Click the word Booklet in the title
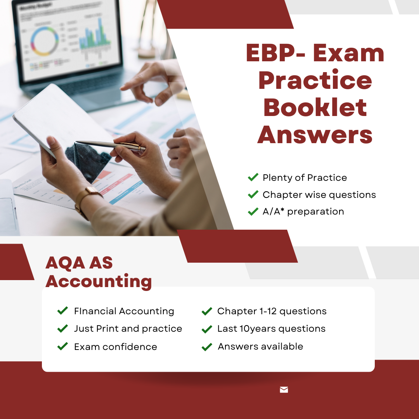[315, 107]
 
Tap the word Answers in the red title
[315, 135]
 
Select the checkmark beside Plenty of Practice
[253, 177]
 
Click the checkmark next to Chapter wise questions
[253, 194]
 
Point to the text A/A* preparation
[303, 211]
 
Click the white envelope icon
[284, 390]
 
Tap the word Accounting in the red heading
[99, 281]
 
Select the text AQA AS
[79, 263]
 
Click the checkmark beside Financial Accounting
[62, 310]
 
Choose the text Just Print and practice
[128, 329]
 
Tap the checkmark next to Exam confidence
[62, 346]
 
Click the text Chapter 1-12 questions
[272, 311]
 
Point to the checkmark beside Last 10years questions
[207, 329]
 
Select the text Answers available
[261, 346]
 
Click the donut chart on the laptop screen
[44, 41]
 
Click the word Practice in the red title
[315, 80]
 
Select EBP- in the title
[275, 53]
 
